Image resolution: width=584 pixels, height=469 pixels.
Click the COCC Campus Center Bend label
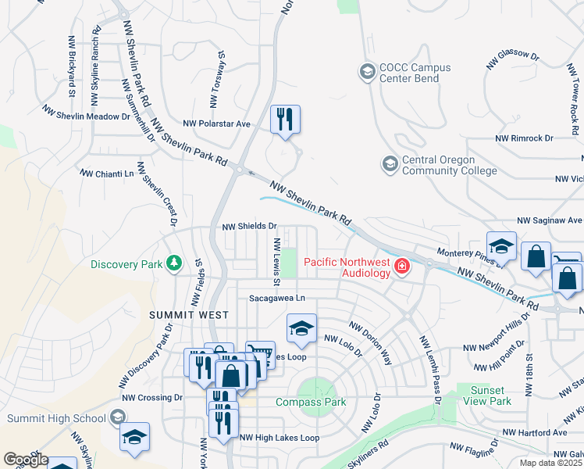point(415,73)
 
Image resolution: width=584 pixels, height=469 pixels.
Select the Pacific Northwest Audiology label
point(347,267)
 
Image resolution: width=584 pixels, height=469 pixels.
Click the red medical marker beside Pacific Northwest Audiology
point(402,267)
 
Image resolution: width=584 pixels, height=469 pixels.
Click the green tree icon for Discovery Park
point(175,263)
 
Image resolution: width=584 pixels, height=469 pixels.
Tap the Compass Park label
point(309,403)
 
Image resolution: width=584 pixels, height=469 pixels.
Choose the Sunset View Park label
point(483,396)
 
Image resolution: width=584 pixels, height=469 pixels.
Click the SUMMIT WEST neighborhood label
point(189,315)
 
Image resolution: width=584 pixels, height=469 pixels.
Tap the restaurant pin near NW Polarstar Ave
point(285,120)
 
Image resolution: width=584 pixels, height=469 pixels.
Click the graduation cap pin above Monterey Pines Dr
point(501,246)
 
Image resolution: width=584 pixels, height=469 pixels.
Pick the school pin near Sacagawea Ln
point(301,329)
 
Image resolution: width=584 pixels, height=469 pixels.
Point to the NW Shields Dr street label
point(250,227)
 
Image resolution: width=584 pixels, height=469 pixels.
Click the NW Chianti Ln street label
point(107,173)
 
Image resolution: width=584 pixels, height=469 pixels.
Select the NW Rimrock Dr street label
point(524,138)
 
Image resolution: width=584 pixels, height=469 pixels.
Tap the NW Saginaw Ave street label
point(550,221)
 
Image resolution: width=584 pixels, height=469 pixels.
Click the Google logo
point(25,460)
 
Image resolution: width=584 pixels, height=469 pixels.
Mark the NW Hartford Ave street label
point(535,432)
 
